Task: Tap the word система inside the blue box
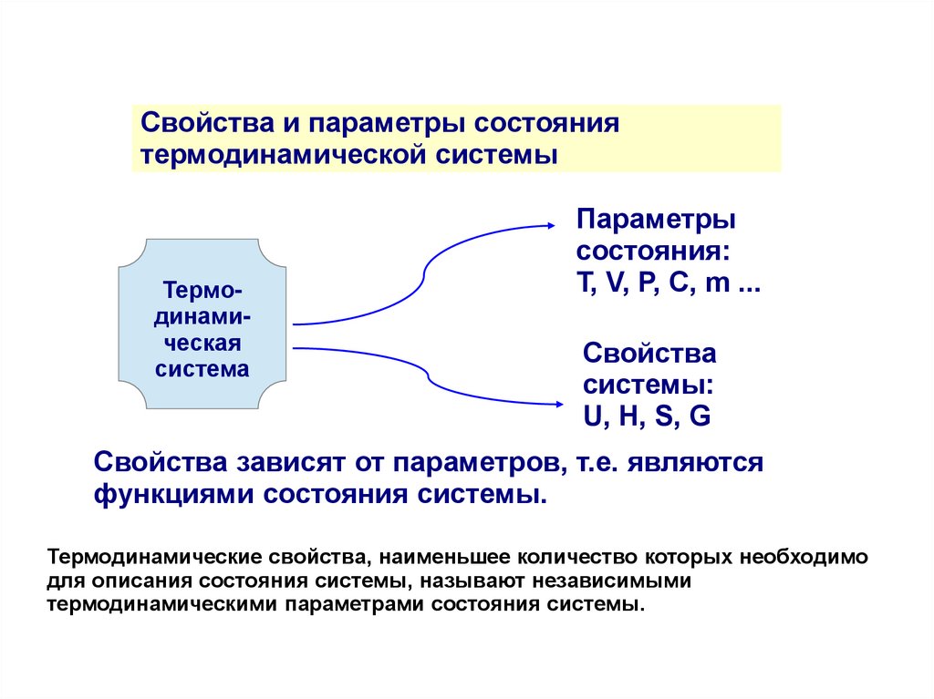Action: click(202, 369)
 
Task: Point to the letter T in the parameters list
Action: click(582, 283)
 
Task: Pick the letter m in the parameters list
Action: click(719, 283)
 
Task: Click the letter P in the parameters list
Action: click(648, 283)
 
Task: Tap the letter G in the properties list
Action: click(700, 416)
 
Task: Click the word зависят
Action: click(283, 462)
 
